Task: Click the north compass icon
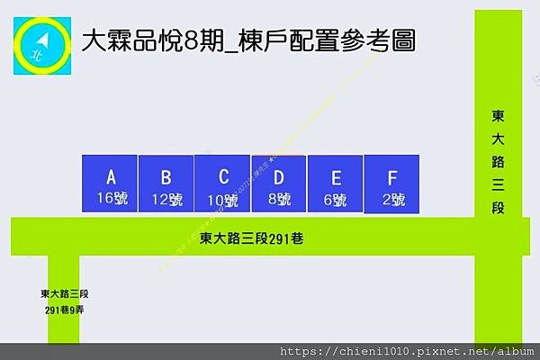click(x=42, y=41)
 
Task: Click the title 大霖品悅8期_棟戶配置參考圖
click(x=247, y=40)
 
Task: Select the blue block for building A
click(x=110, y=184)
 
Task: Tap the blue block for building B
click(x=166, y=184)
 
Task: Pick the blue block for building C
click(x=223, y=184)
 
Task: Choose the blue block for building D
click(x=279, y=184)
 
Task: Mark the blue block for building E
click(x=336, y=184)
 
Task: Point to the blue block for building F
click(x=392, y=184)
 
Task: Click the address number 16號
click(x=110, y=199)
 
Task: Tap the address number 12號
click(x=166, y=200)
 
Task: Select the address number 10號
click(x=223, y=200)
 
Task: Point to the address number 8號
click(x=279, y=200)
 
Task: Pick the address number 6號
click(x=336, y=200)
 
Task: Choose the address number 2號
click(x=392, y=200)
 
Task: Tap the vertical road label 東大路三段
click(x=498, y=162)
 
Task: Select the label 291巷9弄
click(x=65, y=310)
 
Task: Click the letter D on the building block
click(x=279, y=177)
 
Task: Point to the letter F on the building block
click(x=392, y=177)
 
